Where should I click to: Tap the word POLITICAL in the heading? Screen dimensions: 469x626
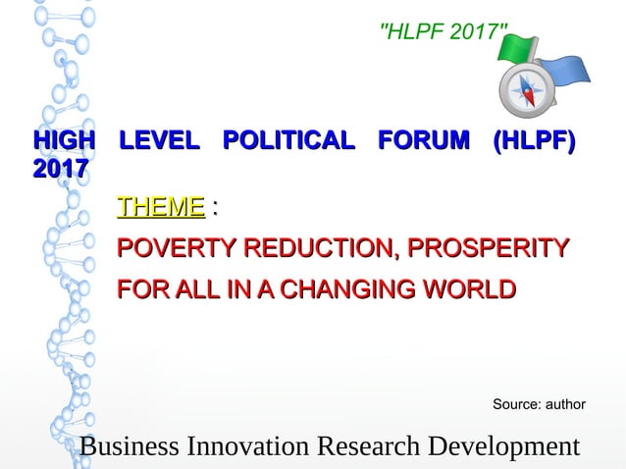point(288,141)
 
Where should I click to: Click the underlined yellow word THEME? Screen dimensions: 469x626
point(161,207)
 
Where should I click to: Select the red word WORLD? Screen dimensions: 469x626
point(477,290)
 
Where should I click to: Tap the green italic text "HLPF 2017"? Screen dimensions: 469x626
point(443,32)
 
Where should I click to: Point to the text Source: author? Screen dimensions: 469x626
point(539,404)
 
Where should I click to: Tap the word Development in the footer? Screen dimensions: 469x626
point(502,446)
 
